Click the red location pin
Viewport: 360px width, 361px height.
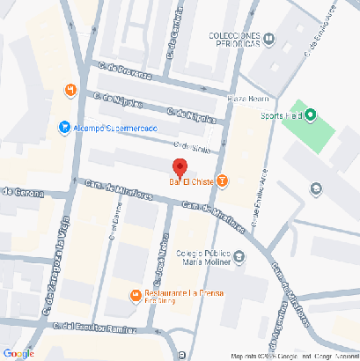point(180,167)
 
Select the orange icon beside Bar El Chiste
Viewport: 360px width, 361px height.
point(222,182)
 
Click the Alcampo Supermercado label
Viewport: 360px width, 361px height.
point(114,128)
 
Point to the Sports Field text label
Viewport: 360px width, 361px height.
point(281,114)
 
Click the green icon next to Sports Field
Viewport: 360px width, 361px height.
point(310,114)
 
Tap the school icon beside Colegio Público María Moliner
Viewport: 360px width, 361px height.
point(242,257)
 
